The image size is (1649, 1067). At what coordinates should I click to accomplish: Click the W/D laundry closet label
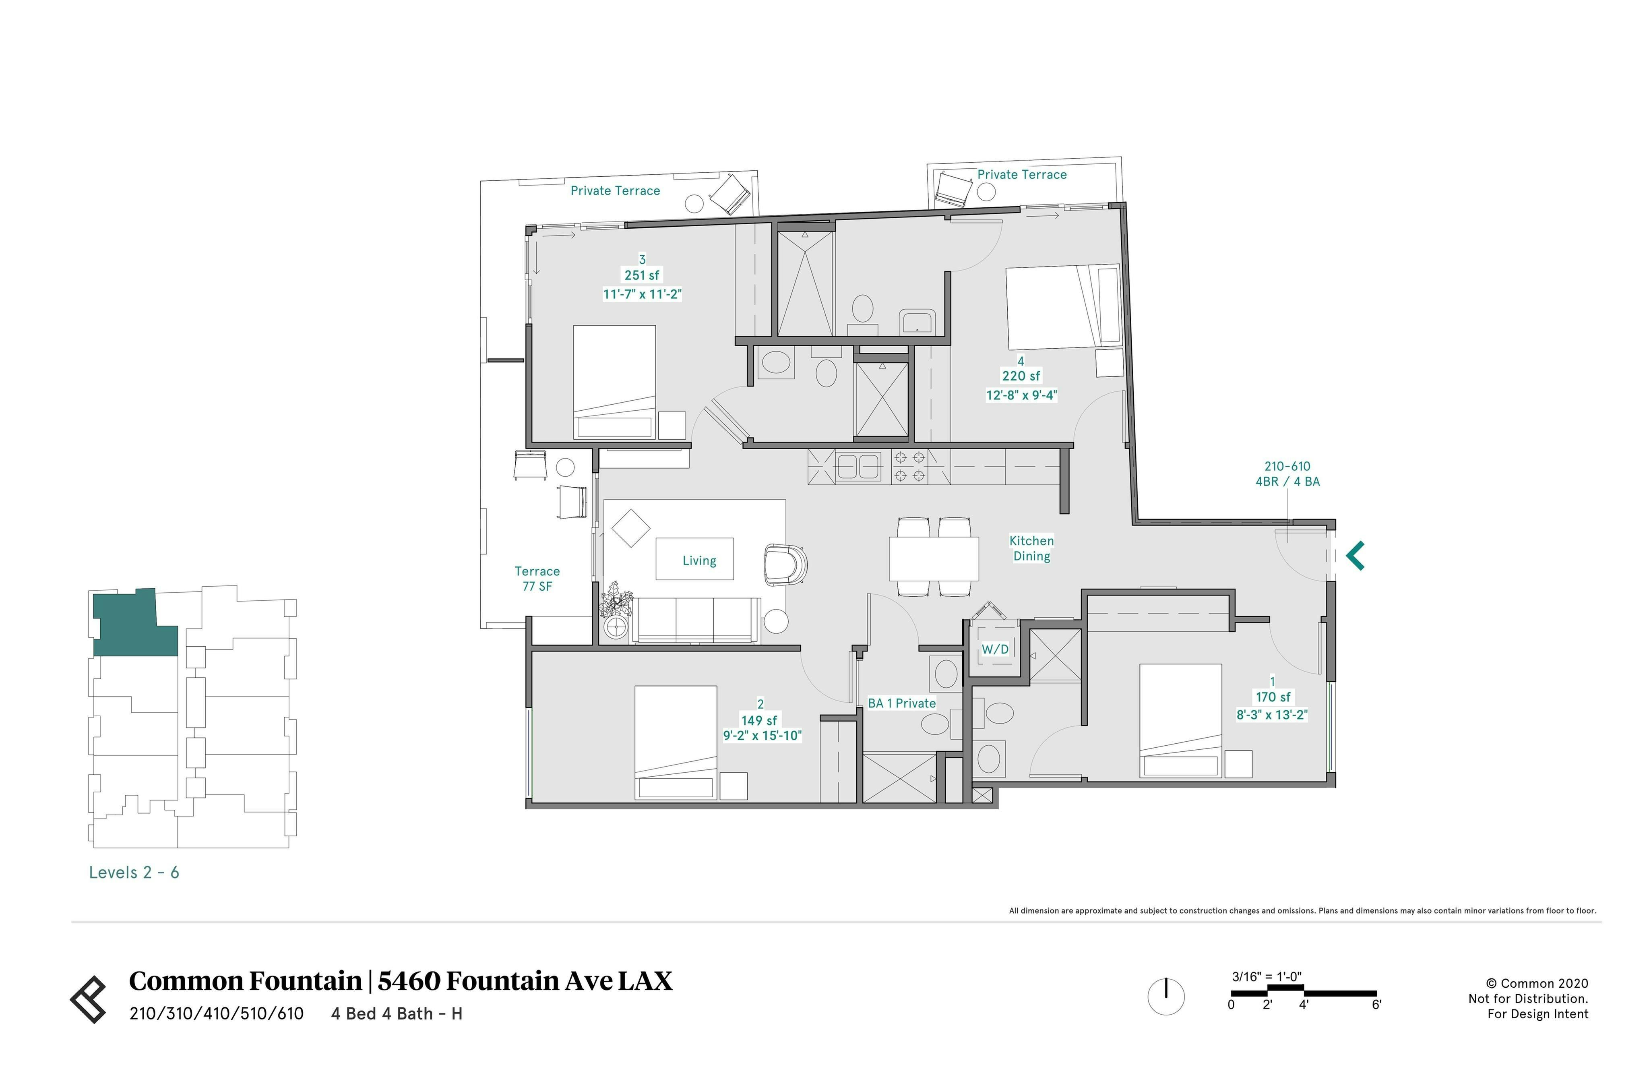995,649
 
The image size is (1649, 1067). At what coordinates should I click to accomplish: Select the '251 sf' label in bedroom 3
642,275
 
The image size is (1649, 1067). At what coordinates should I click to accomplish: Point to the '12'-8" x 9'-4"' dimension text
1021,395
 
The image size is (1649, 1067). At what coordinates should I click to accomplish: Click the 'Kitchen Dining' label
1031,548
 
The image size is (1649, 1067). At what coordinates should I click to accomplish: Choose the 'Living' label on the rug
699,560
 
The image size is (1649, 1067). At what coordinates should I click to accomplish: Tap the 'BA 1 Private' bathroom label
902,703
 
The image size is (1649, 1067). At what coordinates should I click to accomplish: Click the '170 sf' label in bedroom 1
1273,697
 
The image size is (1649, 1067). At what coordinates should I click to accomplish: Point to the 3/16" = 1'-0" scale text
1267,977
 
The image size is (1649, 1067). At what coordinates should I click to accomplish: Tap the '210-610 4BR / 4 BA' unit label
1287,474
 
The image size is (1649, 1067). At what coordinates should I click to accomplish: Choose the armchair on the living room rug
785,562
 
